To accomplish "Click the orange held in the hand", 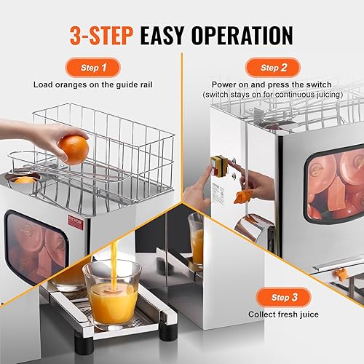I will click(74, 149).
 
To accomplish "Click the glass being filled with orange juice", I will click(110, 291).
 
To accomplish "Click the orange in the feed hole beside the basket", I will click(25, 180).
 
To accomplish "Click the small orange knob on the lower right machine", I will click(336, 275).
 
